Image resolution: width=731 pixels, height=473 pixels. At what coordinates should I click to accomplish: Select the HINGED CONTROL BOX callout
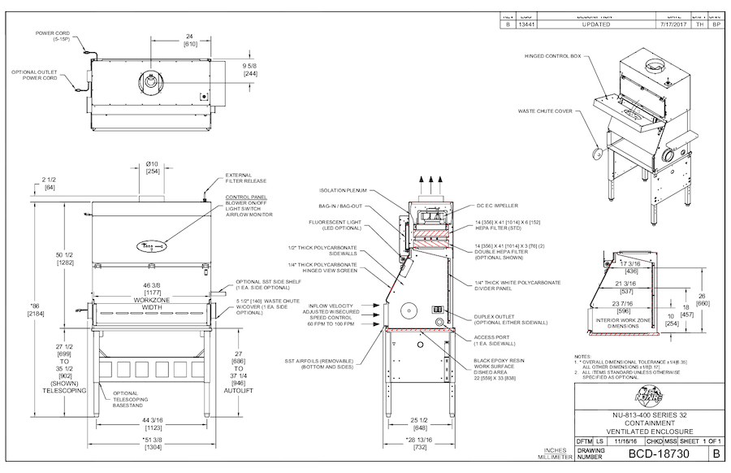[552, 56]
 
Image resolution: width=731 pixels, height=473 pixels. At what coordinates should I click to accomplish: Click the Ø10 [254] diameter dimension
[152, 167]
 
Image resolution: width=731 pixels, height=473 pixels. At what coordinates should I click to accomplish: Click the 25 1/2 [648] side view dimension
[420, 423]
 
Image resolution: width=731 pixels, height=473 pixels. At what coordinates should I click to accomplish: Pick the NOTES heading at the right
[582, 356]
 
